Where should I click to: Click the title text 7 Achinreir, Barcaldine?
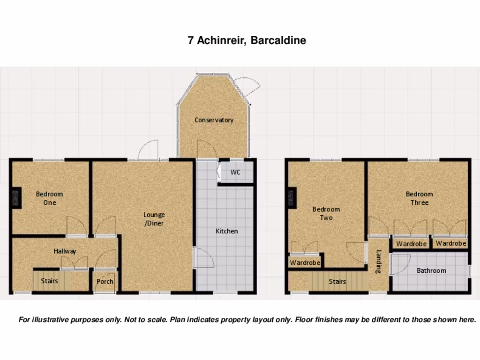click(x=247, y=40)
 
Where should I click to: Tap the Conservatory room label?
click(x=214, y=120)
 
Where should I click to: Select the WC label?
click(x=235, y=172)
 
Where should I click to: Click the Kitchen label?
click(x=226, y=231)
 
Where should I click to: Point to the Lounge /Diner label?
click(x=154, y=219)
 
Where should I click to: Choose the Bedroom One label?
click(x=49, y=198)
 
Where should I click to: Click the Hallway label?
click(x=65, y=251)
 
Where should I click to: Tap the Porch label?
click(x=105, y=282)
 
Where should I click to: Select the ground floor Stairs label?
click(x=49, y=281)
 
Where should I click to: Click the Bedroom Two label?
click(x=326, y=213)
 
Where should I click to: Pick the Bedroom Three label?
click(x=419, y=198)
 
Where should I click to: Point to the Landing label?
click(x=379, y=262)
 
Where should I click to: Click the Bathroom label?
click(x=431, y=270)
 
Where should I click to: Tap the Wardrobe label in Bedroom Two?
click(x=305, y=263)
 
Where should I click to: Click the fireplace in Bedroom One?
click(x=16, y=198)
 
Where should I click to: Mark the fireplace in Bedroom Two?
click(x=292, y=197)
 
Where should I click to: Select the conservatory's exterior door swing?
click(x=247, y=87)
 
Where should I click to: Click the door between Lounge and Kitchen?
click(x=202, y=258)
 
